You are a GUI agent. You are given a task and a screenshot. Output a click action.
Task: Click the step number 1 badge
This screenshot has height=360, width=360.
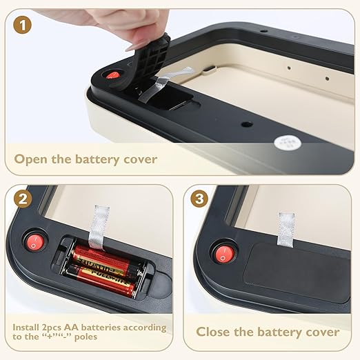click(22, 26)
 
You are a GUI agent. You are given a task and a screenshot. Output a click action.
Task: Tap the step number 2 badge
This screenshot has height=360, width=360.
click(23, 199)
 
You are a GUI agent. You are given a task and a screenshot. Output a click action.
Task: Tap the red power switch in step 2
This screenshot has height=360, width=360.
click(35, 243)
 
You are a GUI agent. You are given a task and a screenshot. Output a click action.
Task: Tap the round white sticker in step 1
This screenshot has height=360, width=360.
click(288, 143)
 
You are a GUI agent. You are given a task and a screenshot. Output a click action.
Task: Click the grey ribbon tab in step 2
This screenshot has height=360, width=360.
click(98, 227)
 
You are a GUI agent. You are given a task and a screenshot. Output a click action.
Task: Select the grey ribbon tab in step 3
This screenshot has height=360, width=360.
click(286, 230)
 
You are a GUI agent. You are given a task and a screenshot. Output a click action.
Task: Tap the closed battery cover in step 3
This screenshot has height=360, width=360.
click(297, 272)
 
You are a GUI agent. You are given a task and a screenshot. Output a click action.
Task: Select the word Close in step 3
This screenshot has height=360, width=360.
click(213, 332)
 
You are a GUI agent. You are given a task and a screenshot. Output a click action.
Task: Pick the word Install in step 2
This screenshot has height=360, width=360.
click(26, 327)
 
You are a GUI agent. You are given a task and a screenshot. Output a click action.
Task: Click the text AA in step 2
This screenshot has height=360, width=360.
click(72, 327)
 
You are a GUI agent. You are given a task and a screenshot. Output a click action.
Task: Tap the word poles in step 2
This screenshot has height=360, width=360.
click(86, 337)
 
